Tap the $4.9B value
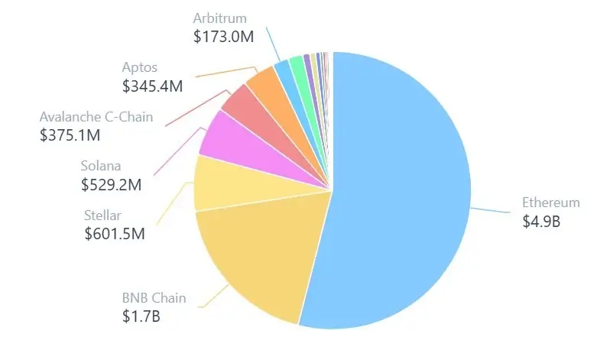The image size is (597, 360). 541,222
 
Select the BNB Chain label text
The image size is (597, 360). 154,298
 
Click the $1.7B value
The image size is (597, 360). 142,316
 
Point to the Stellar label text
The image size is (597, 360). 103,215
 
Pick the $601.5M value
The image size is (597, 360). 115,233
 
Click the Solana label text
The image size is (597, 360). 101,166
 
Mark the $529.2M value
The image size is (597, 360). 112,184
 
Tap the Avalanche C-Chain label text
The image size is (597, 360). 96,117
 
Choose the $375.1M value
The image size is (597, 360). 70,135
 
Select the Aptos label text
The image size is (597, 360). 140,68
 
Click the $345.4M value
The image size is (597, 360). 153,86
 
